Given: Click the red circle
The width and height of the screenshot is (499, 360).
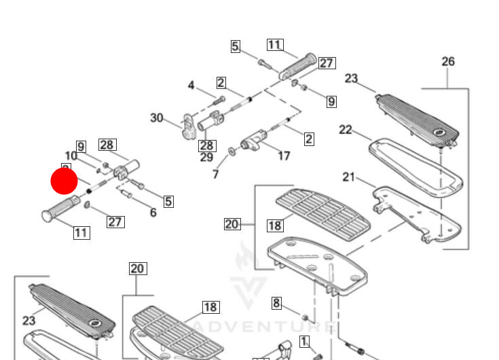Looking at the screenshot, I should point(64,181).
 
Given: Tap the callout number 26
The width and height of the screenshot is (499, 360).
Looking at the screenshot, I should point(448,62).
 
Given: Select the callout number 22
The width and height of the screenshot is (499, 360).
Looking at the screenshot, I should point(346,129).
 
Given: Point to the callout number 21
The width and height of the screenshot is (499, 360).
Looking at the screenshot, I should point(349,177).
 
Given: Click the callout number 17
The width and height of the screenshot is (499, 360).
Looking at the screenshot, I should point(284,156).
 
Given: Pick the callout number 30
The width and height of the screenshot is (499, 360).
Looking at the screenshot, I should point(157,118).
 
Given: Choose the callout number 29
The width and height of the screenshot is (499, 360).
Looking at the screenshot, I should point(206,158).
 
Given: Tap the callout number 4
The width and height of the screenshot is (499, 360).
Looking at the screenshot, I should point(191,86).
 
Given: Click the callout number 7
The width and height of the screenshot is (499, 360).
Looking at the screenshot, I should point(216,175).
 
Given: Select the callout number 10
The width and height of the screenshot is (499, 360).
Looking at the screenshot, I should point(71,156).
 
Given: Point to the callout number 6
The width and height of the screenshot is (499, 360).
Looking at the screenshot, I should point(153,213).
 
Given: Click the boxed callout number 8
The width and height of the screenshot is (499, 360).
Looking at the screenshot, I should point(276,302).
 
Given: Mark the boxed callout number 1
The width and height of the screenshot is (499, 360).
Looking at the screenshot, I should point(304,342).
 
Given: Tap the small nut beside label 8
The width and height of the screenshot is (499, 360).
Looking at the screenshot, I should point(305,318).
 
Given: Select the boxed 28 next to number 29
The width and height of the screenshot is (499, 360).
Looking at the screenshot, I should point(206,145).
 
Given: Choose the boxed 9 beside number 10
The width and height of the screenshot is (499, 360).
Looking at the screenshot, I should point(81,146).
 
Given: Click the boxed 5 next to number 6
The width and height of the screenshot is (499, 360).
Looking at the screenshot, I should point(168,201).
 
